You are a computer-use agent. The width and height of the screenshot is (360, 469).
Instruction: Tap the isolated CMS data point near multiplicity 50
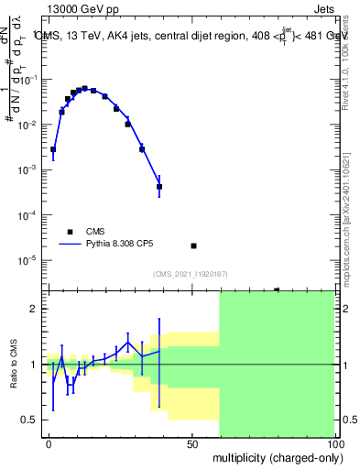[x=193, y=245]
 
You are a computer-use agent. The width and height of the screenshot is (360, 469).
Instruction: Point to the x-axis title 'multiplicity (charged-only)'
[x=273, y=455]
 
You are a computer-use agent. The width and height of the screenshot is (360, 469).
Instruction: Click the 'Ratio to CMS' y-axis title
[x=15, y=364]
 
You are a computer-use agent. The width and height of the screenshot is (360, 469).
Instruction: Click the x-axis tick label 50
[x=192, y=441]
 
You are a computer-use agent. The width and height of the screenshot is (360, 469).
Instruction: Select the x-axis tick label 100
[x=334, y=441]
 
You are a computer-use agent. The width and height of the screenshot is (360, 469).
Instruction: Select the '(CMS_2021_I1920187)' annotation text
[x=190, y=273]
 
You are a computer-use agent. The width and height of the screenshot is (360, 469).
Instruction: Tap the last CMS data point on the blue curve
[x=159, y=187]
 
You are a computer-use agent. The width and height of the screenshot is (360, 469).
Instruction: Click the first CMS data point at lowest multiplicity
[x=53, y=149]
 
